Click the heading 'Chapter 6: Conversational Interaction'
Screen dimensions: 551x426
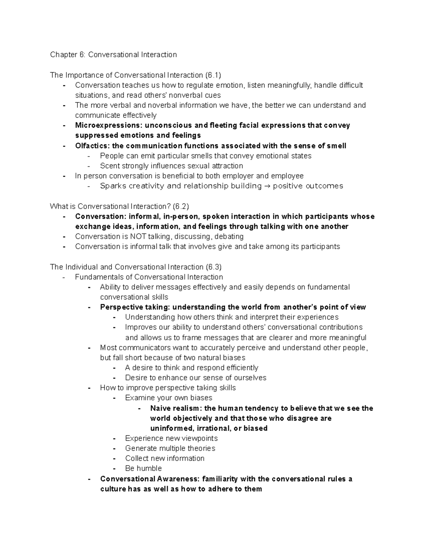click(113, 55)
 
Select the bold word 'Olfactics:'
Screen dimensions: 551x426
click(93, 146)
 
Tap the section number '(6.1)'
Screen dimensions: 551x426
click(213, 75)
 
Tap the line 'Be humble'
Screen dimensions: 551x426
click(143, 468)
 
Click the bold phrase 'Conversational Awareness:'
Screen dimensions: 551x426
click(150, 479)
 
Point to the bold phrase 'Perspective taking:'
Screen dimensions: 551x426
click(135, 307)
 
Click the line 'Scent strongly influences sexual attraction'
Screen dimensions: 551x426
click(171, 166)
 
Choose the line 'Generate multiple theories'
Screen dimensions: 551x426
click(170, 448)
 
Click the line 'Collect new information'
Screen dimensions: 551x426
click(165, 458)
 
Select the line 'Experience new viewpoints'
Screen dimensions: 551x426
click(171, 439)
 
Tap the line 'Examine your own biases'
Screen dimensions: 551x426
click(169, 398)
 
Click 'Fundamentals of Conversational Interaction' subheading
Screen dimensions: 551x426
click(149, 277)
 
